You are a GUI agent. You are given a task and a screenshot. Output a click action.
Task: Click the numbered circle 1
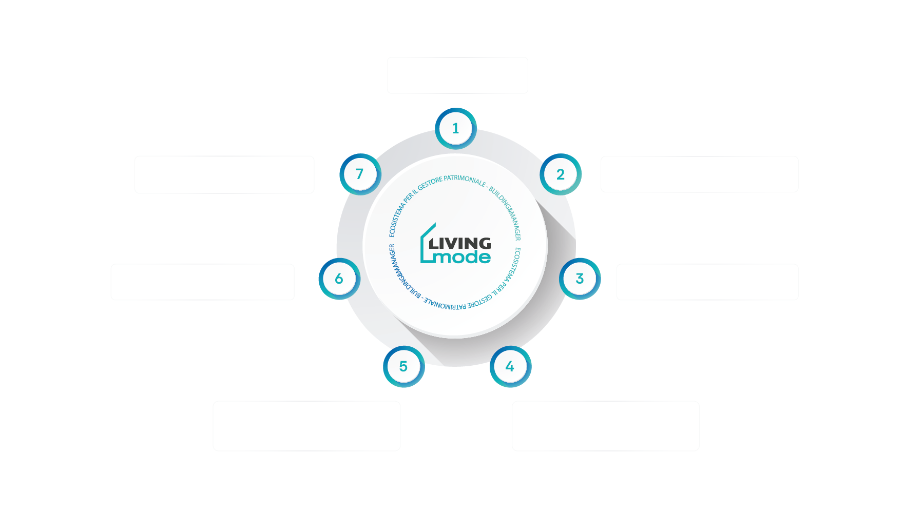pyautogui.click(x=456, y=128)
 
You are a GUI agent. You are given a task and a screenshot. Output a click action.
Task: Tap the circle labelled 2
pyautogui.click(x=561, y=174)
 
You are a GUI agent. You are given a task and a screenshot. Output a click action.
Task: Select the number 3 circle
pyautogui.click(x=580, y=279)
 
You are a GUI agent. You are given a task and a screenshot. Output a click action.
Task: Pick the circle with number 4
pyautogui.click(x=510, y=366)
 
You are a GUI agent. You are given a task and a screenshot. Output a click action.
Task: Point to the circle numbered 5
pyautogui.click(x=404, y=366)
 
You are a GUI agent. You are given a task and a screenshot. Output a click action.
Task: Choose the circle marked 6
pyautogui.click(x=339, y=279)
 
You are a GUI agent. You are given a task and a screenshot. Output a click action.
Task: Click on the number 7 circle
pyautogui.click(x=360, y=174)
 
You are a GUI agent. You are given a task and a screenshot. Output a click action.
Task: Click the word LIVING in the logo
pyautogui.click(x=460, y=243)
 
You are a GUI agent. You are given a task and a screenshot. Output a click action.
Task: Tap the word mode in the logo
pyautogui.click(x=463, y=256)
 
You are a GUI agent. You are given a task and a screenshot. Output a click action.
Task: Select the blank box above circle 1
pyautogui.click(x=457, y=75)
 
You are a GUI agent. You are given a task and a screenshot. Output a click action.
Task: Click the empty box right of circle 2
pyautogui.click(x=699, y=174)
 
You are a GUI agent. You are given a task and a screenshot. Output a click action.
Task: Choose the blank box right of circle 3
pyautogui.click(x=707, y=282)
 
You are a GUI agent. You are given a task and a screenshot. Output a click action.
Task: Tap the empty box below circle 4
pyautogui.click(x=606, y=426)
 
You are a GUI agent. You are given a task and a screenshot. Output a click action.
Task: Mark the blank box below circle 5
pyautogui.click(x=306, y=426)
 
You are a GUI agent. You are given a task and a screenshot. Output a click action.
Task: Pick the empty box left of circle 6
pyautogui.click(x=202, y=282)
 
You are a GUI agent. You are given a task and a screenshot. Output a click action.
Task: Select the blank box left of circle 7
pyautogui.click(x=224, y=174)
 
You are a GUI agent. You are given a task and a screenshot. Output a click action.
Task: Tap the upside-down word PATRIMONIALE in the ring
pyautogui.click(x=445, y=305)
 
